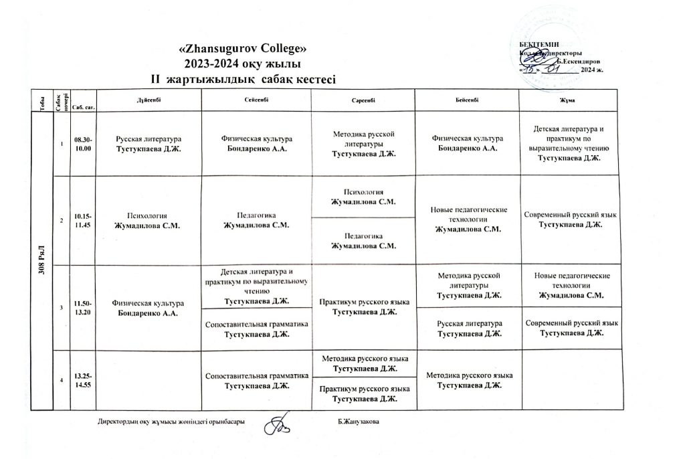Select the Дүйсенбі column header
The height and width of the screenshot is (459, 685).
click(149, 99)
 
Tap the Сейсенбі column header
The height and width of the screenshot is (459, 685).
click(258, 99)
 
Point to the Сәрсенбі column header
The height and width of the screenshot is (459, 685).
click(365, 100)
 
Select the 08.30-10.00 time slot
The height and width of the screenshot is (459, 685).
click(83, 144)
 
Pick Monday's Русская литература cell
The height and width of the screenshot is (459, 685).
click(149, 143)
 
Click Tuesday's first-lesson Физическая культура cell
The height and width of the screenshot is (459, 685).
click(258, 143)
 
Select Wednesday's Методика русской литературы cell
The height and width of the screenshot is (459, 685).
click(365, 144)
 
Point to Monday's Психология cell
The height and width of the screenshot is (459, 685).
click(149, 221)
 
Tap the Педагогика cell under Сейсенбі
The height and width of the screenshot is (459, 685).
click(258, 221)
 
